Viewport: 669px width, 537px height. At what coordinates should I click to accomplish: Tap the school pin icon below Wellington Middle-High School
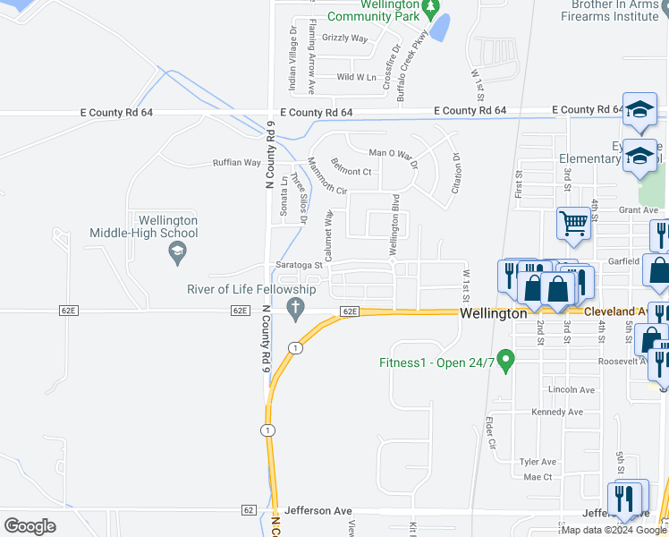(x=177, y=255)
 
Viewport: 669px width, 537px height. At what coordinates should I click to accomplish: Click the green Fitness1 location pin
(x=505, y=361)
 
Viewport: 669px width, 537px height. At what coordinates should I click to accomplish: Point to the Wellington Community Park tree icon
(x=430, y=9)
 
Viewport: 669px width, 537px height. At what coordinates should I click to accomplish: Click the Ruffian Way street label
(x=236, y=163)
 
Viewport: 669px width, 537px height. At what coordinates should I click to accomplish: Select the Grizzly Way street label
(x=344, y=38)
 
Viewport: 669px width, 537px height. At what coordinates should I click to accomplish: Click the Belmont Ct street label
(x=351, y=171)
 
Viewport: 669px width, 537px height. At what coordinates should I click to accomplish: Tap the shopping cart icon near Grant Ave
(x=573, y=223)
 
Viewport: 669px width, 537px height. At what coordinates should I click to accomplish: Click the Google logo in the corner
(x=30, y=526)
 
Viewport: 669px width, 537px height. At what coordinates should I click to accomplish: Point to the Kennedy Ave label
(x=556, y=413)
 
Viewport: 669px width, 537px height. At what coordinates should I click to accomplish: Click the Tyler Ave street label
(x=538, y=462)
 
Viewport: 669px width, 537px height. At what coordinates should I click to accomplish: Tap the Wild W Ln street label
(x=356, y=78)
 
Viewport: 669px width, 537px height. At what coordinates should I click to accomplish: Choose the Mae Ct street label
(x=538, y=477)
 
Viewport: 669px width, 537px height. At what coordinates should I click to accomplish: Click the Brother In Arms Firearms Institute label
(x=615, y=9)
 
